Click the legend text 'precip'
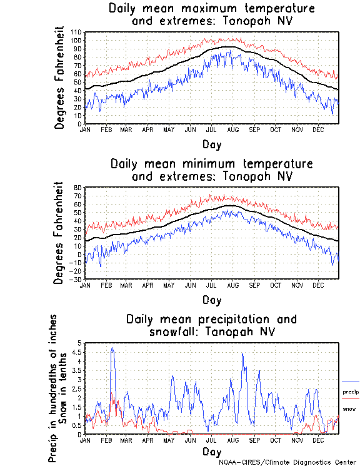pyautogui.click(x=351, y=392)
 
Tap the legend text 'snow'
pyautogui.click(x=349, y=409)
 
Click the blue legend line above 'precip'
pyautogui.click(x=351, y=382)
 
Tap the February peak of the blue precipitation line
pyautogui.click(x=112, y=348)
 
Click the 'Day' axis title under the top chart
pyautogui.click(x=211, y=144)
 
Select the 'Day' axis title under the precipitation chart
pyautogui.click(x=211, y=452)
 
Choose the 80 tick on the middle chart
pyautogui.click(x=79, y=187)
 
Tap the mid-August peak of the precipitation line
pyautogui.click(x=242, y=353)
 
